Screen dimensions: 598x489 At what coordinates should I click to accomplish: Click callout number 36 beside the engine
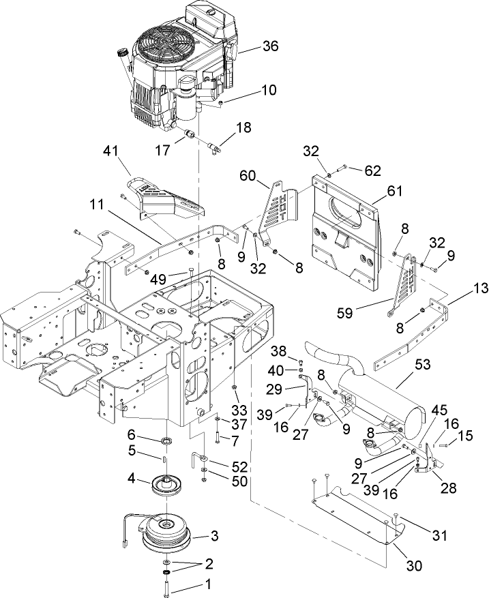(271, 46)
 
